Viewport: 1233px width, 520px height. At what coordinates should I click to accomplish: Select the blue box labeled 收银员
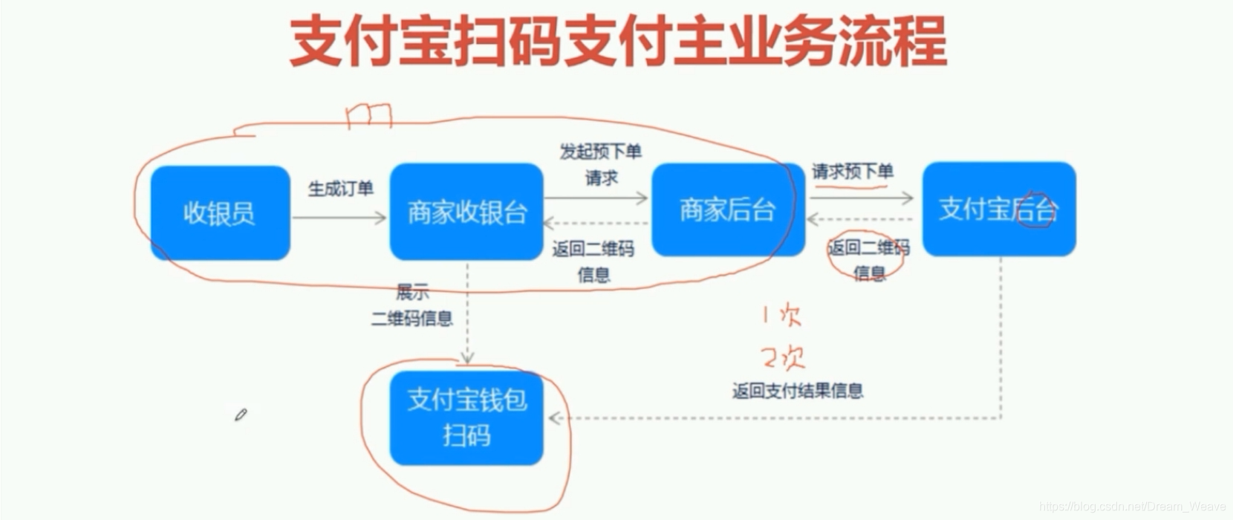(x=220, y=213)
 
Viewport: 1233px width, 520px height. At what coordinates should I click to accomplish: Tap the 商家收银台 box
(x=466, y=212)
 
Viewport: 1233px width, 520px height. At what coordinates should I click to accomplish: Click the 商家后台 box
(x=727, y=210)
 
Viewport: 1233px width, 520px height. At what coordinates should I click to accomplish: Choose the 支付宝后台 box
(x=998, y=209)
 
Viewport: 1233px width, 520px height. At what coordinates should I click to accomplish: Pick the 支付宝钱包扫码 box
(x=466, y=417)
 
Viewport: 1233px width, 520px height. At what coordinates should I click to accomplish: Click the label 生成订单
(x=340, y=189)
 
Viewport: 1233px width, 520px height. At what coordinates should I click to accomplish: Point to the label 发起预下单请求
(x=600, y=164)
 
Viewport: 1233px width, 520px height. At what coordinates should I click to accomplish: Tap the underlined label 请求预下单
(x=852, y=172)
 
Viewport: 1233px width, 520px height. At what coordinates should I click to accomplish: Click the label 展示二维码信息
(x=412, y=305)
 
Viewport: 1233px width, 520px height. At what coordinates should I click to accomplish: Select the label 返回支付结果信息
(x=797, y=391)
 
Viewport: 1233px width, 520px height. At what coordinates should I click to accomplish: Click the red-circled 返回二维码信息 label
(x=868, y=260)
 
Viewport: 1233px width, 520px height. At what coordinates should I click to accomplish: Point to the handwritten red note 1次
(x=781, y=316)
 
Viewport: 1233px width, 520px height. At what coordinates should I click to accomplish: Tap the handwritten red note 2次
(x=783, y=358)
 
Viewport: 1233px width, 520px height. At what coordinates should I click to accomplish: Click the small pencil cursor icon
(x=241, y=415)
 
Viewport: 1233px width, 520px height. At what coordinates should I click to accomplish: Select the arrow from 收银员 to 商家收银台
(x=339, y=218)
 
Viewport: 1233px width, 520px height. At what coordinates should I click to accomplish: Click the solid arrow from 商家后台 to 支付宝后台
(x=862, y=198)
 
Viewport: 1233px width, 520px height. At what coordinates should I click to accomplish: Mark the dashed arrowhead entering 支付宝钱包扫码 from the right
(x=554, y=418)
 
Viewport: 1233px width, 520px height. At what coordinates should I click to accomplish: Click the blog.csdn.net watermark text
(x=1132, y=507)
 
